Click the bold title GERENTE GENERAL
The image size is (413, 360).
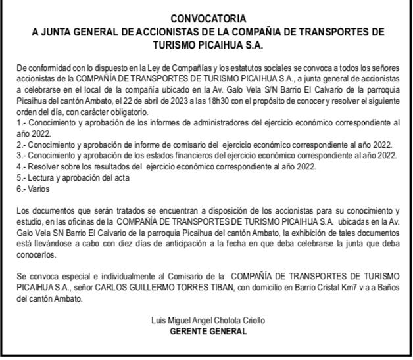208,330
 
